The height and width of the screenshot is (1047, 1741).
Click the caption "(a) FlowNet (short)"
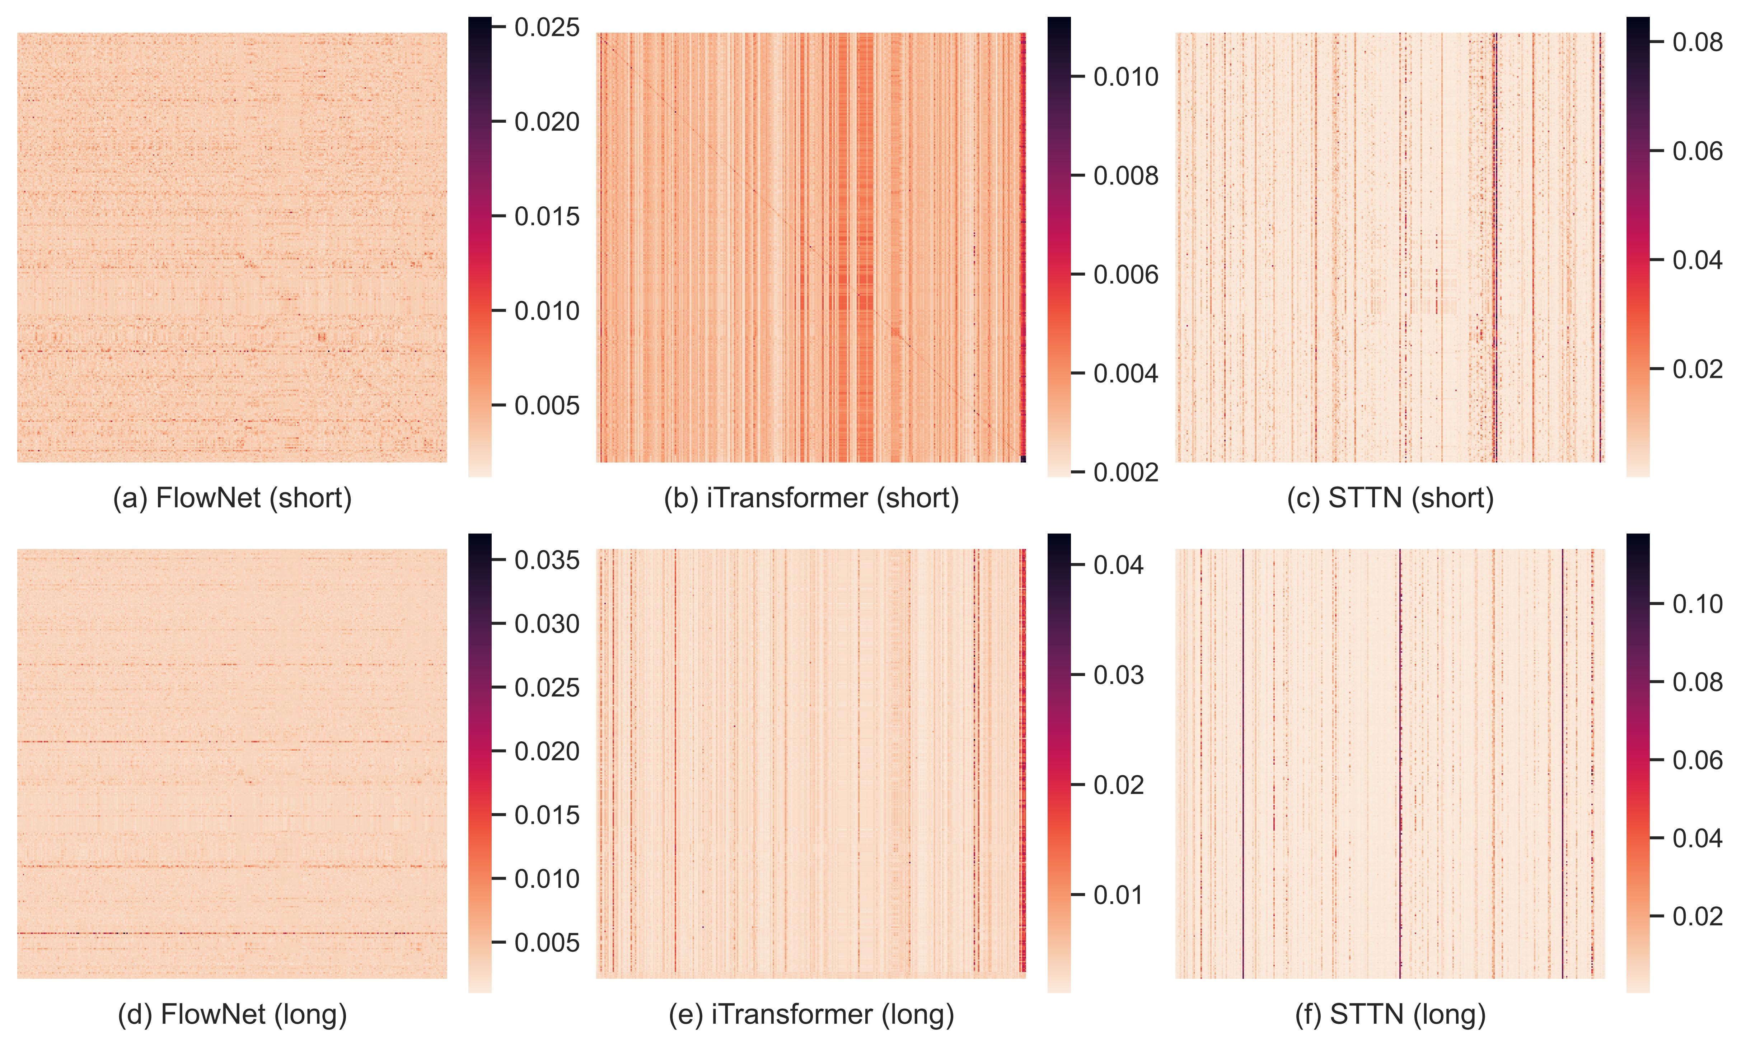[x=232, y=498]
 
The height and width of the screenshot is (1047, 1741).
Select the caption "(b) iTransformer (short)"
[x=811, y=498]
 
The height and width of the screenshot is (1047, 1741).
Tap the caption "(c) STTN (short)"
[x=1390, y=498]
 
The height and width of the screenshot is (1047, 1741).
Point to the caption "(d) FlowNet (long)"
[x=232, y=1015]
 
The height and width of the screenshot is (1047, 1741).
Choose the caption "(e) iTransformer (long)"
[x=811, y=1015]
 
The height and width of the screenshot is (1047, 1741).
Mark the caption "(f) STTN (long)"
[x=1390, y=1015]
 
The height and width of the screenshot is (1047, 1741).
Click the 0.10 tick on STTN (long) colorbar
[x=1697, y=604]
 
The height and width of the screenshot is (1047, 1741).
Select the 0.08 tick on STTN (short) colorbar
[x=1697, y=42]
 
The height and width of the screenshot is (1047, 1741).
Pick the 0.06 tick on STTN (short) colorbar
[x=1697, y=151]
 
